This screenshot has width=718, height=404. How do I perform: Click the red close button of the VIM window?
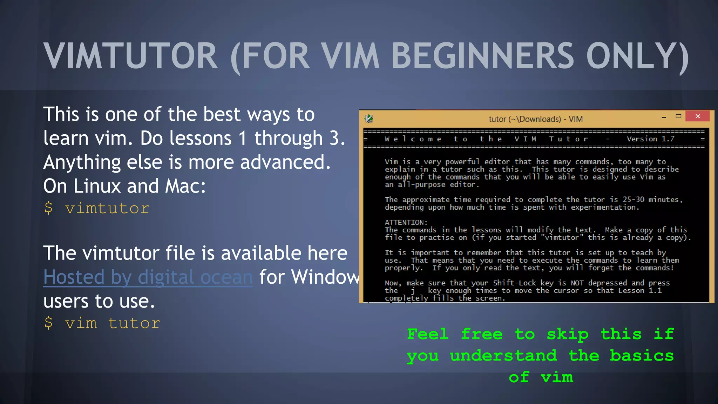tap(697, 116)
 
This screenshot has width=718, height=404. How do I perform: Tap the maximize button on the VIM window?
tap(678, 116)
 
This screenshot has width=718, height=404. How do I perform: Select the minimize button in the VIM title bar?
tap(664, 117)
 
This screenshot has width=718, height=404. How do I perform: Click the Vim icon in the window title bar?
tap(369, 119)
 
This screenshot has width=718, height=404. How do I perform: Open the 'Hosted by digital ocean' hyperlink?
tap(148, 277)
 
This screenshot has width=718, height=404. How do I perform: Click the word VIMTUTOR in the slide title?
tap(131, 56)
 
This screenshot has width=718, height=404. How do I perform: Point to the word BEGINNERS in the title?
tap(482, 56)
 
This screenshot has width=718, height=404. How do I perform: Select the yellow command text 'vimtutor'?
tap(107, 208)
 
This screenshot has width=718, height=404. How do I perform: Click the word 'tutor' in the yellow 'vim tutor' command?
tap(134, 323)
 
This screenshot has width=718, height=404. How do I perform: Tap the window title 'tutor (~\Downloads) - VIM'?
tap(535, 119)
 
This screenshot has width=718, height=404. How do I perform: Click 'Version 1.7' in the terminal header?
tap(650, 139)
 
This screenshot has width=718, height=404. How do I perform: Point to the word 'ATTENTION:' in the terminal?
tap(406, 222)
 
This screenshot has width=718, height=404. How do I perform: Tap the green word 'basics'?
tap(642, 356)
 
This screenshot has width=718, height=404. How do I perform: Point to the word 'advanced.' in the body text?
tap(285, 162)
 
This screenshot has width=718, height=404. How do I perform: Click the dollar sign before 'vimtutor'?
tap(48, 208)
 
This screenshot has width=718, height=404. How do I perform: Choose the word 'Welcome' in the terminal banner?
tap(413, 139)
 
